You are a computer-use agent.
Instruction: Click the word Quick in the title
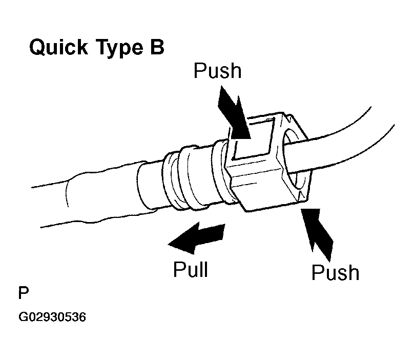(x=56, y=49)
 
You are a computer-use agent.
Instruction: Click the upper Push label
(x=217, y=71)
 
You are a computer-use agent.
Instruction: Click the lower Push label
(x=335, y=272)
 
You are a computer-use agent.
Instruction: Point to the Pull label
(x=191, y=268)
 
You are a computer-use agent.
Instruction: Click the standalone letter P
(x=23, y=294)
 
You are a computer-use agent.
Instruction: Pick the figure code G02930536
(x=52, y=317)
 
